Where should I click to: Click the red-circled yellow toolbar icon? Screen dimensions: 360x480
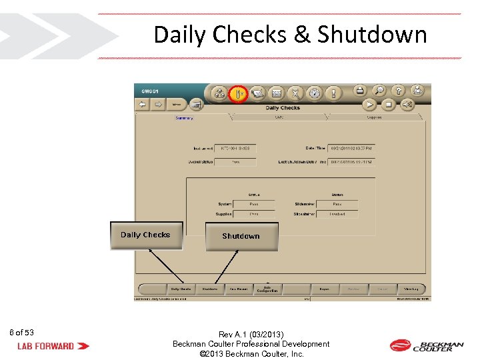click(238, 93)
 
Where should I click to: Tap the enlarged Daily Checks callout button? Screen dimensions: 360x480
click(146, 235)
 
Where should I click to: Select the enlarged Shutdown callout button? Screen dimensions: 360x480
click(241, 237)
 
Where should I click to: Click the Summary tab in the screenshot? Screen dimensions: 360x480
click(184, 118)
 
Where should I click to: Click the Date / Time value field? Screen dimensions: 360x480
click(351, 148)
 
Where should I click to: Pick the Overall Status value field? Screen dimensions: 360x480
click(236, 161)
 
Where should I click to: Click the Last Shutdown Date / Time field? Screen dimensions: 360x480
click(351, 161)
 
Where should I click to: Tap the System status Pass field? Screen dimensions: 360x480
click(254, 204)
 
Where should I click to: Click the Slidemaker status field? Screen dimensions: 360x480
click(337, 204)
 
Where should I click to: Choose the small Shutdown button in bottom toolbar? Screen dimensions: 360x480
click(210, 289)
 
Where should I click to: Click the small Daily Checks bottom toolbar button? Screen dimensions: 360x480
click(180, 289)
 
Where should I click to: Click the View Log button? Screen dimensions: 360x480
click(411, 289)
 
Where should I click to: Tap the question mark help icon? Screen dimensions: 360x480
click(397, 91)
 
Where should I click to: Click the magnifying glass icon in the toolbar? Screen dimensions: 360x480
click(378, 91)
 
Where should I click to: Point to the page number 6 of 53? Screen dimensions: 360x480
click(22, 333)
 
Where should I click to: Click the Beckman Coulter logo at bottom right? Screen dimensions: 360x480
click(426, 345)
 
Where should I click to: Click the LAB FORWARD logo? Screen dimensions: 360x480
click(53, 346)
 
